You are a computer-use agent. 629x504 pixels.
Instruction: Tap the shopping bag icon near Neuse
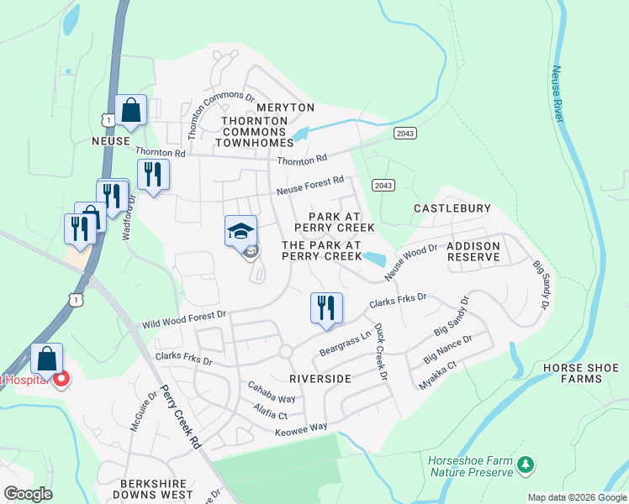tap(131, 110)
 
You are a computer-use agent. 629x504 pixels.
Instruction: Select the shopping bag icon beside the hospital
tap(47, 360)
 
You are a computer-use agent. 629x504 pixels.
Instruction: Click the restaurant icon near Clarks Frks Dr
tap(326, 308)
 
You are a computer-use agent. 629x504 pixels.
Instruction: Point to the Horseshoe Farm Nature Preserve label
tap(471, 466)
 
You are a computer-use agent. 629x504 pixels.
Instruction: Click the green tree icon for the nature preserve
tap(526, 464)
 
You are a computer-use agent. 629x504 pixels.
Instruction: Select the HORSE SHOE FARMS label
tap(581, 373)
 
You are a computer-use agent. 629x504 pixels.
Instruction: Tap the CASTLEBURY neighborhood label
tap(452, 207)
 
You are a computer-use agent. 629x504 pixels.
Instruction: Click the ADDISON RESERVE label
tap(474, 250)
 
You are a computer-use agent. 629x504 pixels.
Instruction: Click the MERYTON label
tap(285, 108)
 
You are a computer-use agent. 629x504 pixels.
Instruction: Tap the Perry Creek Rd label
tap(183, 417)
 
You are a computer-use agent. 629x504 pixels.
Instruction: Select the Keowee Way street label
tap(301, 429)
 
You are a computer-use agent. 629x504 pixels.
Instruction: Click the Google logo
tap(28, 494)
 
